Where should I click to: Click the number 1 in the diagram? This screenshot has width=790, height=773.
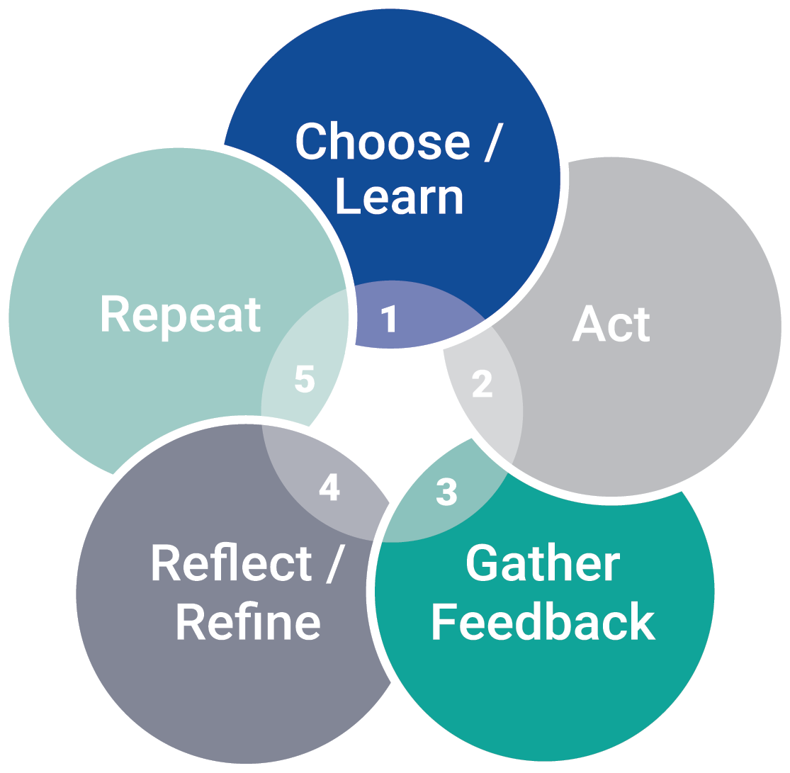pyautogui.click(x=389, y=318)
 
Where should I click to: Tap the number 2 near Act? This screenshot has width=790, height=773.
pyautogui.click(x=483, y=383)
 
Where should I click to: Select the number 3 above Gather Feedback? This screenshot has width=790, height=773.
pyautogui.click(x=446, y=491)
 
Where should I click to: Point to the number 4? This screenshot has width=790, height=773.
pyautogui.click(x=329, y=486)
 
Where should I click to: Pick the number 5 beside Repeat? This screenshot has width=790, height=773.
pyautogui.click(x=304, y=379)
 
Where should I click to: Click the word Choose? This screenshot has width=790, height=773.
pyautogui.click(x=383, y=142)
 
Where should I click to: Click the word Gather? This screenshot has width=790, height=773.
pyautogui.click(x=543, y=563)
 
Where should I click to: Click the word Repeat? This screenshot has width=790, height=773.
pyautogui.click(x=181, y=314)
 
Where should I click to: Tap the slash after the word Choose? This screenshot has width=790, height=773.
pyautogui.click(x=495, y=142)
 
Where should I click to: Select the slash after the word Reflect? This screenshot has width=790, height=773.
pyautogui.click(x=336, y=563)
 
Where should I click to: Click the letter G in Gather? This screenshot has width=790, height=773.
pyautogui.click(x=482, y=563)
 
